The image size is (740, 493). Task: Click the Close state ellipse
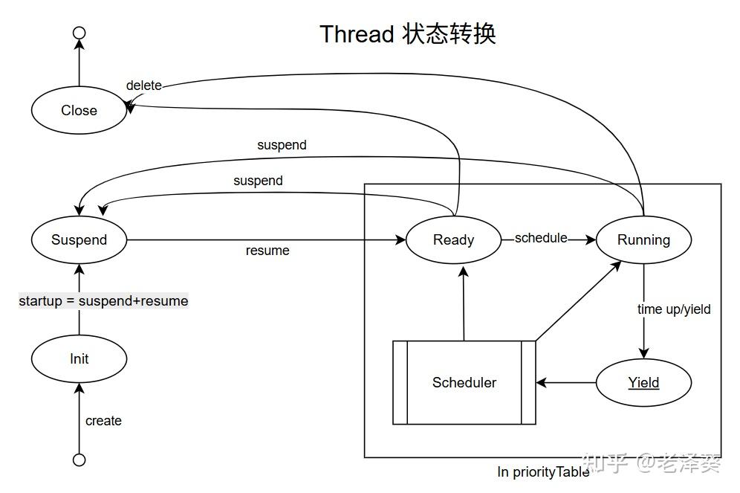[x=79, y=111]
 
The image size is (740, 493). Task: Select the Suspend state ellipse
[x=79, y=240]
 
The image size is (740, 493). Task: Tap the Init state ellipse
[x=79, y=359]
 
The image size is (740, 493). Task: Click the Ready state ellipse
[x=453, y=240]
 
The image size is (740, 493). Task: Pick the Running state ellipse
[x=643, y=240]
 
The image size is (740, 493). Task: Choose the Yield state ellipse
[x=643, y=383]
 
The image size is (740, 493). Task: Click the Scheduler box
[x=464, y=383]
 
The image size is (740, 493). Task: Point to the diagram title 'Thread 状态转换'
[x=407, y=34]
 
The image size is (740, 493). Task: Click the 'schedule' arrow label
[x=541, y=238]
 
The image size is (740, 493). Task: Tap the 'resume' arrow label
[x=267, y=251]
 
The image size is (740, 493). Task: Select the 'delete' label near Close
[x=143, y=86]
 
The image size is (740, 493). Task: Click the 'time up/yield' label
[x=674, y=309]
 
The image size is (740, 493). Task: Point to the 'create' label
[x=103, y=421]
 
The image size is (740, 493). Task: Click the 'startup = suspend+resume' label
[x=103, y=301]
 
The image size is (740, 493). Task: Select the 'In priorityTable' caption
[x=543, y=471]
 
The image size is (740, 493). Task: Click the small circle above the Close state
[x=79, y=33]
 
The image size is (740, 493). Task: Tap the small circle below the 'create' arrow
[x=79, y=460]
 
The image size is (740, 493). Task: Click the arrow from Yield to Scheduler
[x=566, y=383]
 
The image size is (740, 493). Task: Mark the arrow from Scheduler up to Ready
[x=463, y=305]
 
